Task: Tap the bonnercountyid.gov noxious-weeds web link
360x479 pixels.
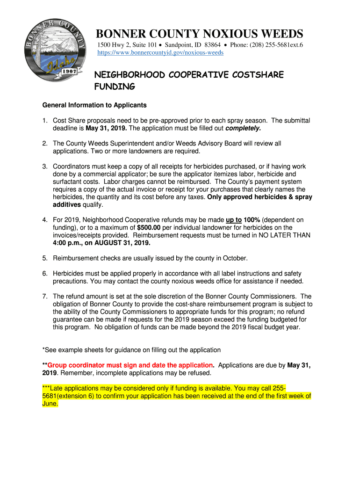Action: coord(160,53)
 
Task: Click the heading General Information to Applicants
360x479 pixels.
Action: coord(94,105)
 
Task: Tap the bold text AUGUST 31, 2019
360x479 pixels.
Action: coord(124,243)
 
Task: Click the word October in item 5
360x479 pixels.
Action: coord(235,258)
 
